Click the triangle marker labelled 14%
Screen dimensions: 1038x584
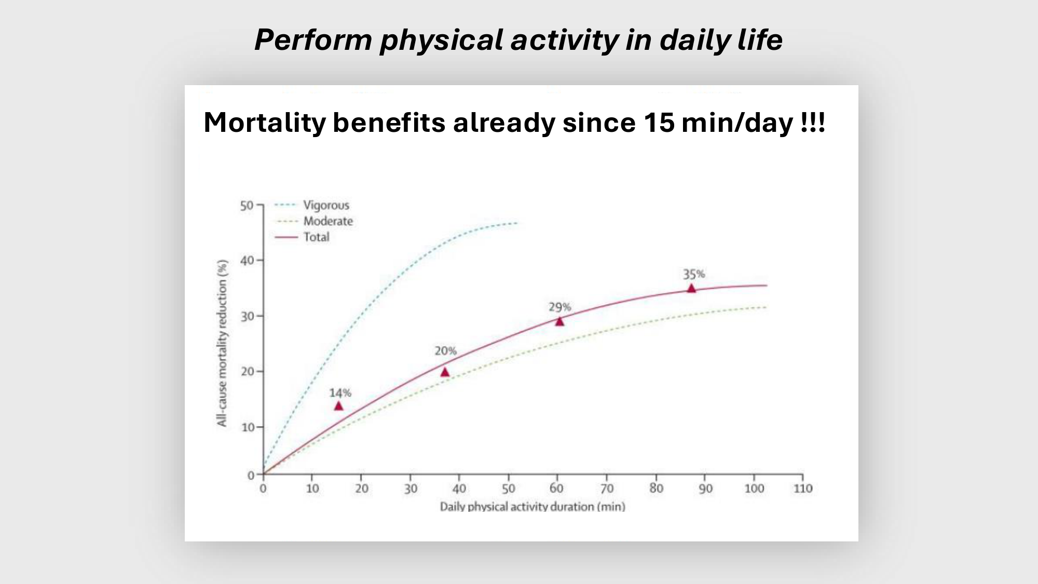(338, 406)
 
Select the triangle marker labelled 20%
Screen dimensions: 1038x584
(445, 372)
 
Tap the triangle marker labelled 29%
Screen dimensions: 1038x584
(559, 321)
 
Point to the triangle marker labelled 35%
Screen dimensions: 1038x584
(691, 288)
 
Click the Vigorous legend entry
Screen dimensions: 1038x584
(312, 205)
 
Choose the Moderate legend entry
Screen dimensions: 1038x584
(314, 221)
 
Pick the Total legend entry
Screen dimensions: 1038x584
(302, 237)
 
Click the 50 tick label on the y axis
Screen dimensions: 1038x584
(247, 206)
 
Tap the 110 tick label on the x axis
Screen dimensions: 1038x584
(803, 488)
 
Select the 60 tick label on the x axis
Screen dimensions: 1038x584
(556, 488)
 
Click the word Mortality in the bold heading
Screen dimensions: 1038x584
(265, 123)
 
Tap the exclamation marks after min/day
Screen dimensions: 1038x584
(813, 123)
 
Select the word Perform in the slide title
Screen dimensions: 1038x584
(313, 40)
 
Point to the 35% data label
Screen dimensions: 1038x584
(694, 274)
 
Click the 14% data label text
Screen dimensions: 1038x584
(340, 393)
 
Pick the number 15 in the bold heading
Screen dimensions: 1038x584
(659, 123)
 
